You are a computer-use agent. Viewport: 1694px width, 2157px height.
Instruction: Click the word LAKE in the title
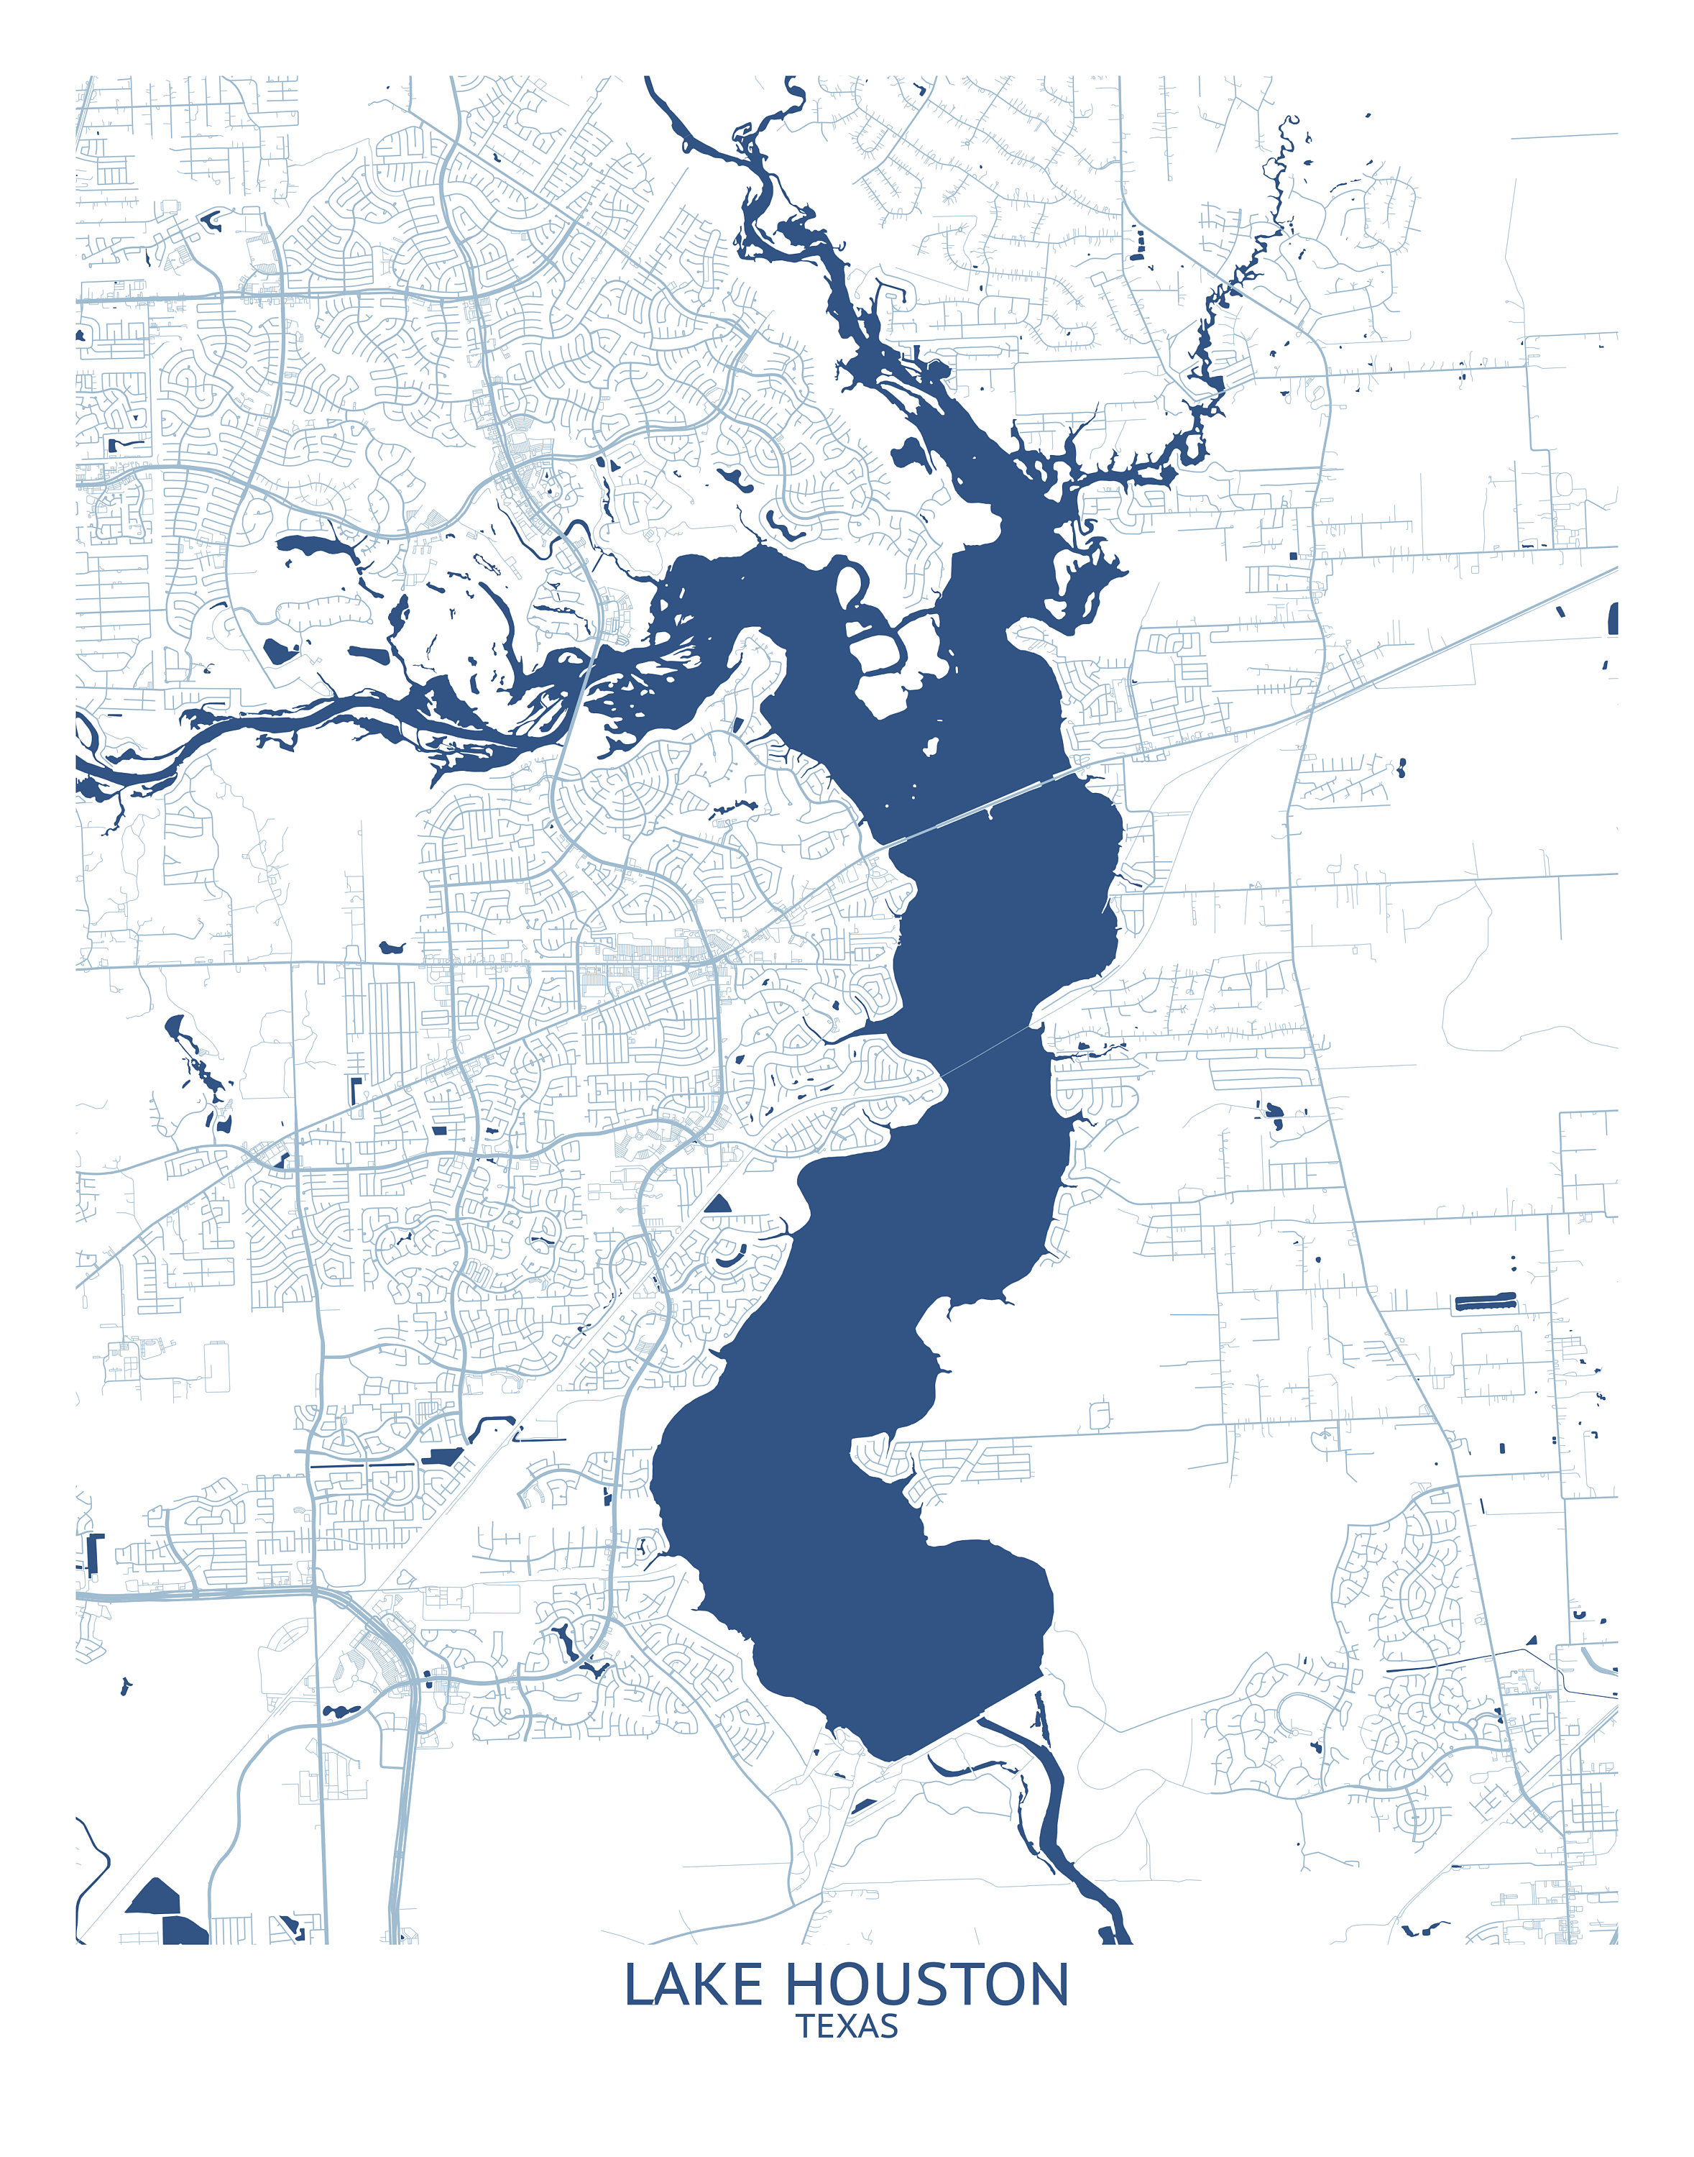[694, 1985]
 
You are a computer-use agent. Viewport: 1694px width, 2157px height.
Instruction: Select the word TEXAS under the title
[848, 2026]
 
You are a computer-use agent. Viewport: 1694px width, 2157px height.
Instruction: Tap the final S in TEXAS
[888, 2026]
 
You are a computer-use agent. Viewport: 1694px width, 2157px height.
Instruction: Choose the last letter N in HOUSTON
[1049, 1985]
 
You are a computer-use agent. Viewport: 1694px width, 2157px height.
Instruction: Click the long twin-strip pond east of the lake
[1485, 1301]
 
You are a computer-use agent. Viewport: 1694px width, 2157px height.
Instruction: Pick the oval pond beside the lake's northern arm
[908, 455]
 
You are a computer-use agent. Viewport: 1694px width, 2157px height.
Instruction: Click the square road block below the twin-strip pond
[1491, 1364]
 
